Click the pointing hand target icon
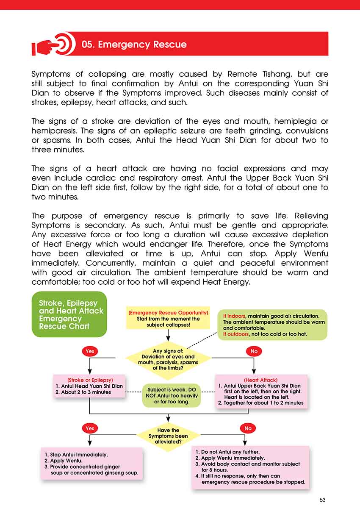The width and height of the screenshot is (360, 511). [x=53, y=44]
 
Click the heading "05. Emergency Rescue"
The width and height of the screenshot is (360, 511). [x=134, y=44]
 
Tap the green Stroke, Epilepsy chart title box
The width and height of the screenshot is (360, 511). [x=69, y=314]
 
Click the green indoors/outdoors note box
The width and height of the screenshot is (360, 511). [x=273, y=325]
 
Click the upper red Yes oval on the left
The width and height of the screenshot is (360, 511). [x=90, y=351]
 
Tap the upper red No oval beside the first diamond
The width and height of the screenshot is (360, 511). [x=254, y=351]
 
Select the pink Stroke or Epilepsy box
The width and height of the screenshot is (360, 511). [x=90, y=386]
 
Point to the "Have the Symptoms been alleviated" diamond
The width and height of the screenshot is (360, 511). [x=168, y=436]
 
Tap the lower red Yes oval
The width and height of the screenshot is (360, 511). [x=90, y=428]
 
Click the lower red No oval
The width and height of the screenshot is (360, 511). [x=248, y=428]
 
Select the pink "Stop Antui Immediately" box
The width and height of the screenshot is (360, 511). [x=92, y=464]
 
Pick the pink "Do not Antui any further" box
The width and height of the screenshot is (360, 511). [x=250, y=467]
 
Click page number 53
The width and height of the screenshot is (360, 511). [x=322, y=500]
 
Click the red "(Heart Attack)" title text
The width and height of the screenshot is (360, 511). [x=261, y=380]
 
